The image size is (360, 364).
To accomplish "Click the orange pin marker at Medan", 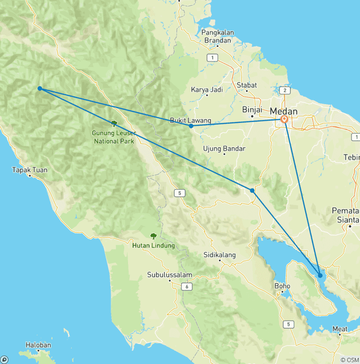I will (285, 119).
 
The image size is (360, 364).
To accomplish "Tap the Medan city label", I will (284, 111).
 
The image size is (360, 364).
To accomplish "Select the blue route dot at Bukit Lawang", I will (191, 126).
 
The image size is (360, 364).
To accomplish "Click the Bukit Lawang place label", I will (190, 121).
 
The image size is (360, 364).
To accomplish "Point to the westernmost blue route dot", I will (40, 88).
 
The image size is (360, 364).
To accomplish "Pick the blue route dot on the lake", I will (320, 275).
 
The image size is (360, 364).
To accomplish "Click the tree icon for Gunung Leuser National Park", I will (113, 123).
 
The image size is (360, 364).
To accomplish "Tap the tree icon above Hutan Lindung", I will (153, 236).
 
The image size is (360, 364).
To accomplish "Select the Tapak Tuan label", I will (30, 170).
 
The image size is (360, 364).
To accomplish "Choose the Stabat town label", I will (247, 85).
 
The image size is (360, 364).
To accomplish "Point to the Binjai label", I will (252, 109).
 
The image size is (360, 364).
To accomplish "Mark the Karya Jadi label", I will (207, 89).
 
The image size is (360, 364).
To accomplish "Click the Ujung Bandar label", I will (224, 149).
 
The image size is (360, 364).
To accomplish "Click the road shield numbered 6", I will (187, 287).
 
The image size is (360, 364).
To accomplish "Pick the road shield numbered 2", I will (285, 90).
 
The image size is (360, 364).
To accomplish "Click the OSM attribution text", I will (349, 360).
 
